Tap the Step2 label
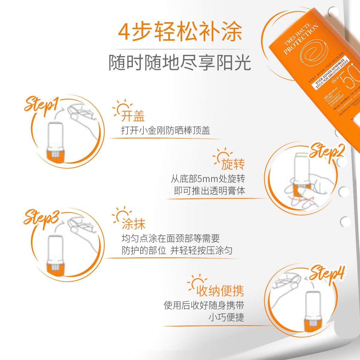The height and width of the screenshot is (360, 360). coord(326,151)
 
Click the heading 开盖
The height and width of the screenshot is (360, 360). coord(133,116)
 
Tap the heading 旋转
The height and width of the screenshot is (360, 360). coord(233,164)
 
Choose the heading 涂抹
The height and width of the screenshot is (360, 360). coord(133,224)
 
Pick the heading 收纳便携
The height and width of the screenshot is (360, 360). coord(220,291)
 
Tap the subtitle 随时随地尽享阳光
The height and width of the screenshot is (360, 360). coord(180,63)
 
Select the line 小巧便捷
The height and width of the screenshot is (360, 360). coord(226,317)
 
